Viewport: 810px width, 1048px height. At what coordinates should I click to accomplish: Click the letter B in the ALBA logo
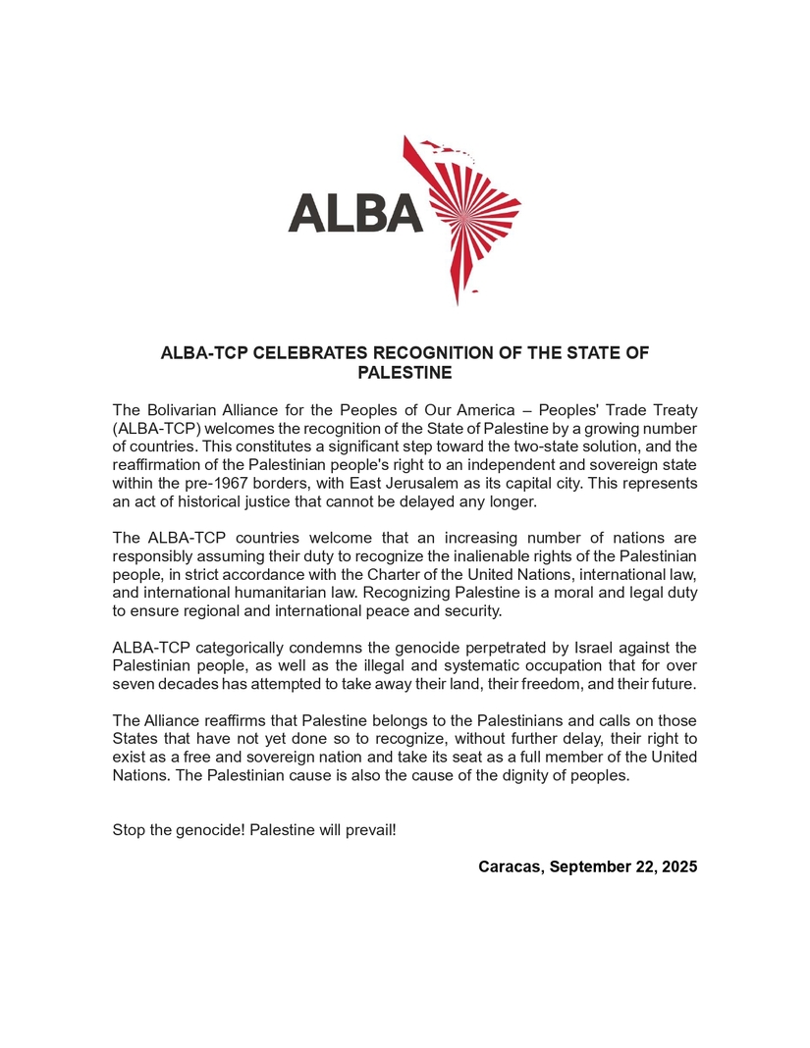coord(371,212)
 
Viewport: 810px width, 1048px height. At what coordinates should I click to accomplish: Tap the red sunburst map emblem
coord(466,216)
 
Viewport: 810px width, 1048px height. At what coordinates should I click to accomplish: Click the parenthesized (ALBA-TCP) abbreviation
coord(156,428)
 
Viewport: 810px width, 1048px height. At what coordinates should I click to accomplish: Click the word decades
coord(189,684)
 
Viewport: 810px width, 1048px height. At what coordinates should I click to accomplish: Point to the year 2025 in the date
coord(678,866)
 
